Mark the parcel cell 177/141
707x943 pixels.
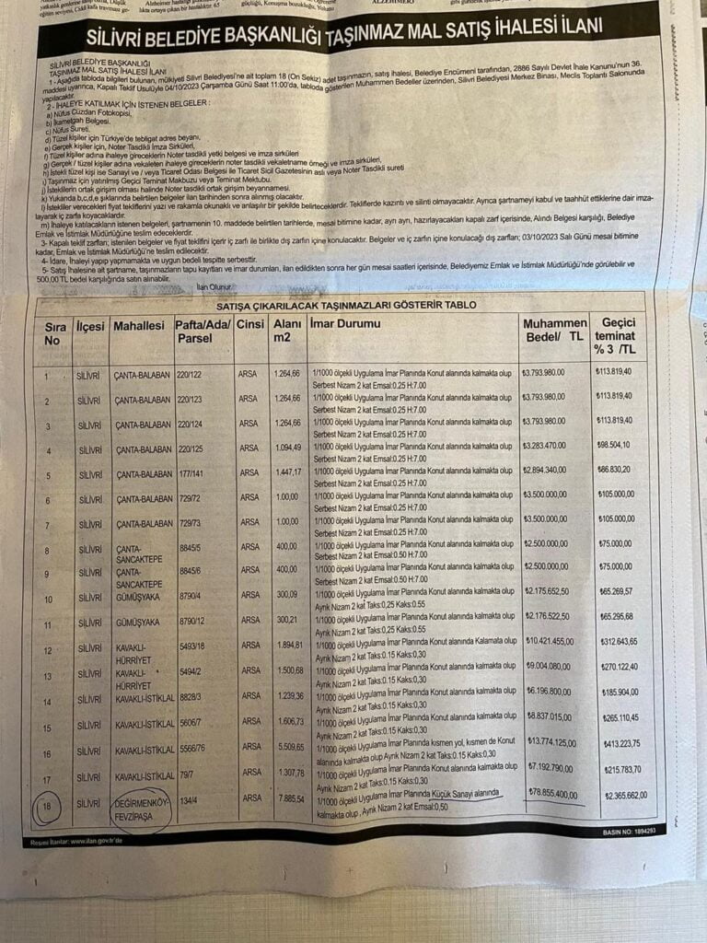[x=191, y=474]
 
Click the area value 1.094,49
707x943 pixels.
[x=287, y=449]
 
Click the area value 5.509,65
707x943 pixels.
[x=287, y=747]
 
